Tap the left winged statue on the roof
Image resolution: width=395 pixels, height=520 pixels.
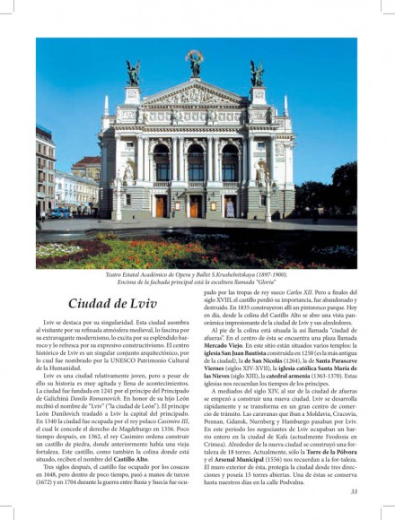coord(134,73)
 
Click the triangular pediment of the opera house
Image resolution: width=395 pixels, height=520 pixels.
coord(195,95)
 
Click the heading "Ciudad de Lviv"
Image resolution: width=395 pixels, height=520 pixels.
coord(112,303)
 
